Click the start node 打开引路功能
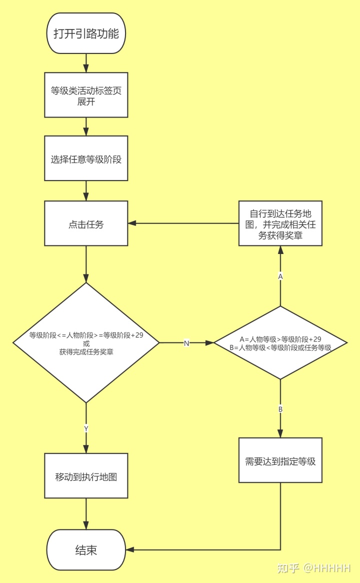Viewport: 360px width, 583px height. coord(86,33)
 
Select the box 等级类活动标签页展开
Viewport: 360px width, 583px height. coord(86,95)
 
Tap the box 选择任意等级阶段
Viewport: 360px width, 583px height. coord(86,158)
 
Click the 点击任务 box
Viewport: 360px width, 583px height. coord(86,223)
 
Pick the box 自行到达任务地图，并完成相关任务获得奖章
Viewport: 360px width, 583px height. coord(280,223)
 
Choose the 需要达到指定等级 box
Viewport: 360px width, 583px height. coord(280,460)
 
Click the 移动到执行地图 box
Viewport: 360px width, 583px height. coord(86,475)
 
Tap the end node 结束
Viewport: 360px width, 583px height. coord(86,550)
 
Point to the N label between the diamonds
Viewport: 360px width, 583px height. coord(186,343)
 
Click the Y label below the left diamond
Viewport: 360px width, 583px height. coord(86,428)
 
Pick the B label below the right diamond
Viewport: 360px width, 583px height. coord(280,409)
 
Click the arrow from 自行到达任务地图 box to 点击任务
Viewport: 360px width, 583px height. coord(183,223)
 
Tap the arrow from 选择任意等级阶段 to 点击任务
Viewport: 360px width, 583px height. coord(86,190)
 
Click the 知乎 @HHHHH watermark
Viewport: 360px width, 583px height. coord(314,568)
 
